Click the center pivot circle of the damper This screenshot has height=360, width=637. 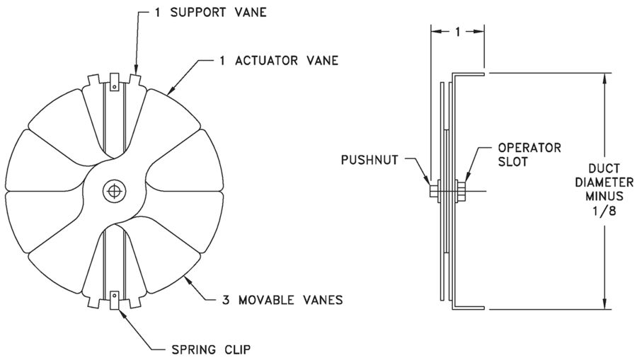[112, 190]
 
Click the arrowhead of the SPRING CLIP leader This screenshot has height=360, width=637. [125, 311]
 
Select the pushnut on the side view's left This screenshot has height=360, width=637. [432, 190]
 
